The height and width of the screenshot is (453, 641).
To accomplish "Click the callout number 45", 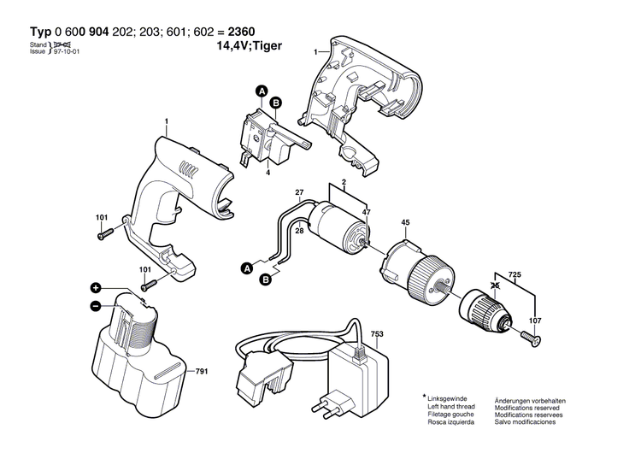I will [x=405, y=226].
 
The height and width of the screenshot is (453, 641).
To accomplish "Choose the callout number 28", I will [x=300, y=231].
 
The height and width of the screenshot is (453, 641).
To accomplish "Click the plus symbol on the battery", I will [x=96, y=288].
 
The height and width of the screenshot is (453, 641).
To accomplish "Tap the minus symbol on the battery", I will [x=96, y=305].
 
